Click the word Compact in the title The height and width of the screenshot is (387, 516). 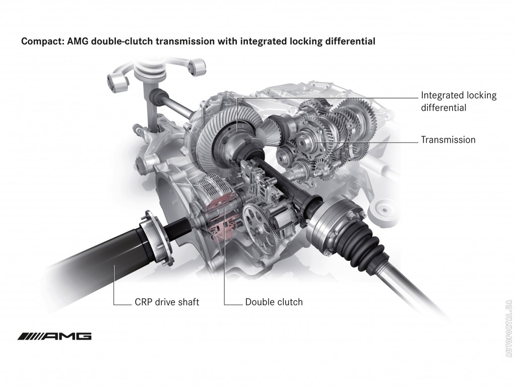[42, 41]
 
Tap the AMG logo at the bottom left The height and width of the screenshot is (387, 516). [54, 336]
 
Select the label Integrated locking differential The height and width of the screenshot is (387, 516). [459, 101]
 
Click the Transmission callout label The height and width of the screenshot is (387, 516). [448, 140]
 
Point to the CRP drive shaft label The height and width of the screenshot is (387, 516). [167, 302]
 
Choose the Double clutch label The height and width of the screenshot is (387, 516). [274, 302]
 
